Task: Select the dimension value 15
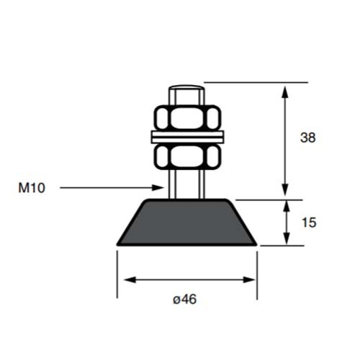307,222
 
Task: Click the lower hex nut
186,156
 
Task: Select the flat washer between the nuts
186,136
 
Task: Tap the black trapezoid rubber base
186,223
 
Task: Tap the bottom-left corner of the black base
117,246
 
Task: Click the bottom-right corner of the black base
256,246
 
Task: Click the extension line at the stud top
252,83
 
